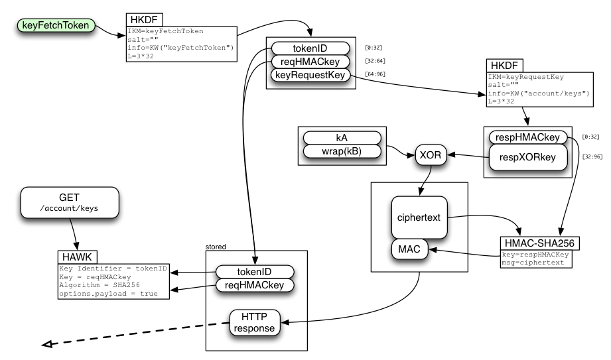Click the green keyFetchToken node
pyautogui.click(x=56, y=26)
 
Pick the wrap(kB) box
pyautogui.click(x=342, y=151)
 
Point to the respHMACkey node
pyautogui.click(x=528, y=137)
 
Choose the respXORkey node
pyautogui.click(x=528, y=157)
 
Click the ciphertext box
pyautogui.click(x=419, y=217)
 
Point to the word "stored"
pyautogui.click(x=217, y=247)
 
